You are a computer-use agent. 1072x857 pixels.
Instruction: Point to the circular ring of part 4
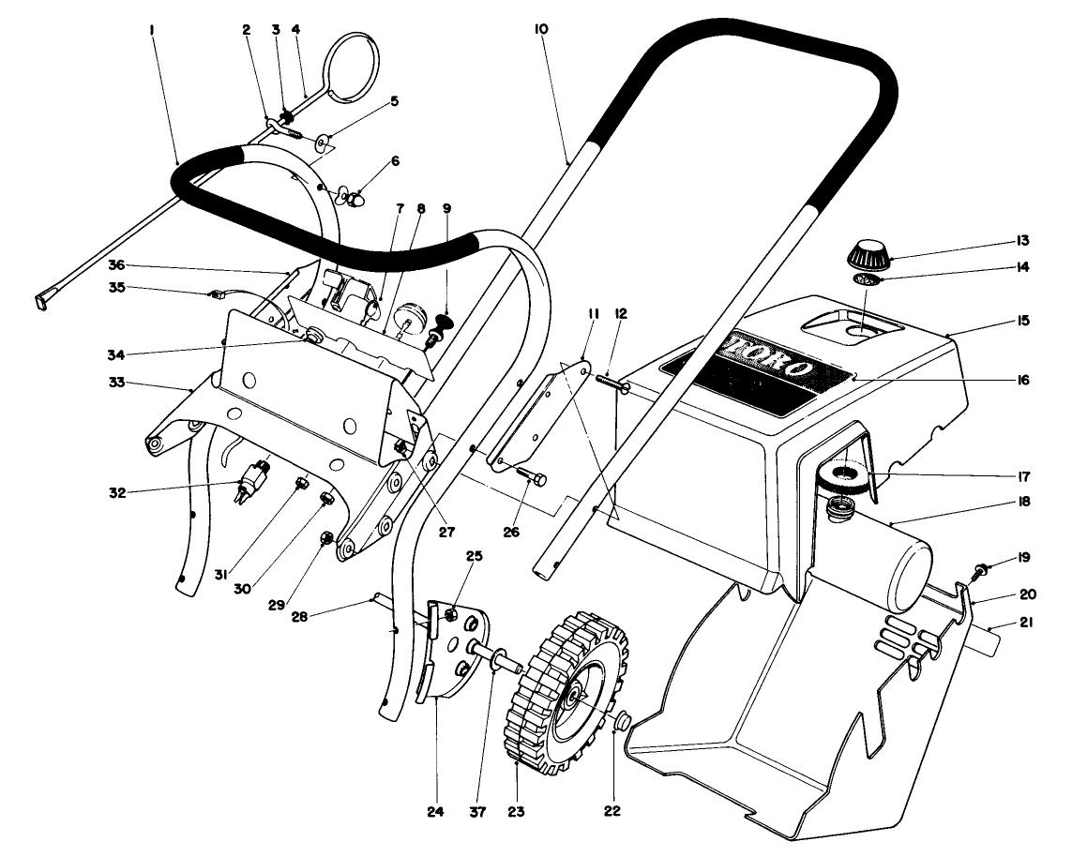click(x=354, y=58)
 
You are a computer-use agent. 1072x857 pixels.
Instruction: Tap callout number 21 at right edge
click(x=1025, y=622)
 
